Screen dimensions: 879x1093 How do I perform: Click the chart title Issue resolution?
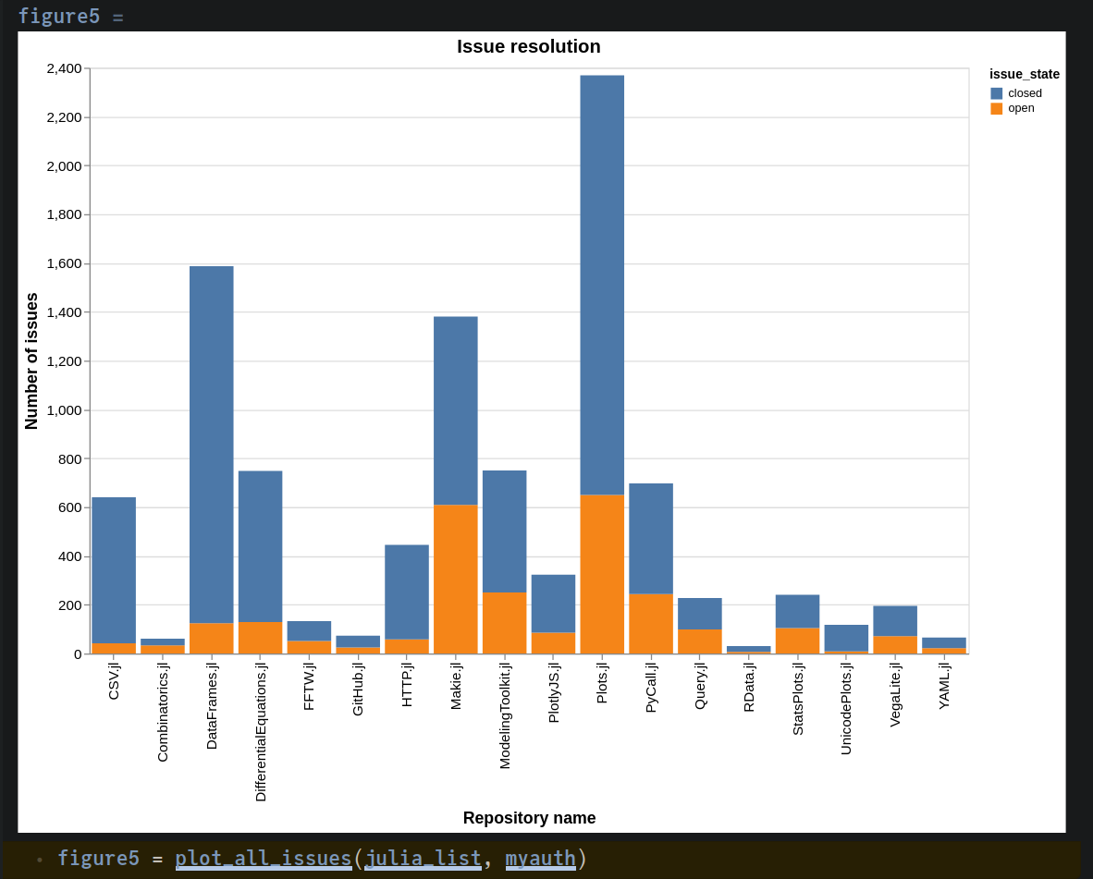coord(528,46)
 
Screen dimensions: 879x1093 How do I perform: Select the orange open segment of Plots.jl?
coord(602,574)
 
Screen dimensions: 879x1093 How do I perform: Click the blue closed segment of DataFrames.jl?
coord(212,444)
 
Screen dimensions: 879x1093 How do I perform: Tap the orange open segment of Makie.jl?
coord(456,579)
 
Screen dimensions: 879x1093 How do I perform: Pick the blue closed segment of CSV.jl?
coord(114,569)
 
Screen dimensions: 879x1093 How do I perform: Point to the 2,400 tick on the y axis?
coord(64,68)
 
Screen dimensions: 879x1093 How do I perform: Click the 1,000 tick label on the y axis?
coord(64,410)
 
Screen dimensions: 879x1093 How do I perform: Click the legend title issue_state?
coord(1025,74)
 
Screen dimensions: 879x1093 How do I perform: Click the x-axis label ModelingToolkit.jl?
coord(505,715)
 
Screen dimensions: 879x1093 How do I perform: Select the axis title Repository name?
coord(529,818)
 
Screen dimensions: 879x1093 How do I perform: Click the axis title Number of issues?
coord(31,361)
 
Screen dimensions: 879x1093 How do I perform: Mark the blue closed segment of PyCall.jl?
coord(651,538)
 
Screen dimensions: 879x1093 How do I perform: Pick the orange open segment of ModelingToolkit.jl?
coord(505,623)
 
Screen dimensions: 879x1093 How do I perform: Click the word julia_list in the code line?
coord(423,859)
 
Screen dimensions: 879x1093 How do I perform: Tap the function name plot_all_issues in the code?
coord(264,859)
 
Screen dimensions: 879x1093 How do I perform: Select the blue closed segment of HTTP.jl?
coord(407,592)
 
